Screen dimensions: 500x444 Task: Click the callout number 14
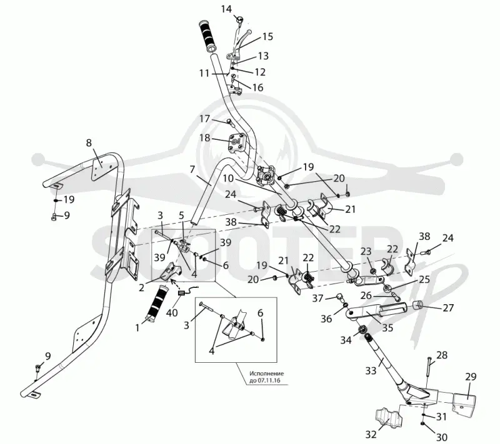tap(226, 9)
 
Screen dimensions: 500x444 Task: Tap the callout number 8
tap(89, 142)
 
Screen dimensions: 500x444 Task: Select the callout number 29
tap(471, 377)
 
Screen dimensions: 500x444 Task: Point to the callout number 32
tap(371, 434)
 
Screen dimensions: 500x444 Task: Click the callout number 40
tap(172, 312)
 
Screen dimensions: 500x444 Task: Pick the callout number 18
tap(205, 137)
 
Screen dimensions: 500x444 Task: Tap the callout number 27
tap(448, 308)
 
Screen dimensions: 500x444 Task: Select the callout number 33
tap(371, 371)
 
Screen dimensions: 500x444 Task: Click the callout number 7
tap(192, 169)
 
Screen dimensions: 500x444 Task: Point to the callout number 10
tap(228, 178)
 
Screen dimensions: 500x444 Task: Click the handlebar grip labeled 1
tap(157, 302)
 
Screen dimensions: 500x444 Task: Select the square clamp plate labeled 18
tap(236, 142)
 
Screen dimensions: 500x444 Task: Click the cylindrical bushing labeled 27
tap(418, 305)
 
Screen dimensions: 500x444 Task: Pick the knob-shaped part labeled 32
tap(387, 418)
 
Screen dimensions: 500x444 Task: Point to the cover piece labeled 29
tap(463, 405)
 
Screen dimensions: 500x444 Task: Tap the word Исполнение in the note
tap(266, 373)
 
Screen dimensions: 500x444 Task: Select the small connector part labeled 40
tap(182, 294)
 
